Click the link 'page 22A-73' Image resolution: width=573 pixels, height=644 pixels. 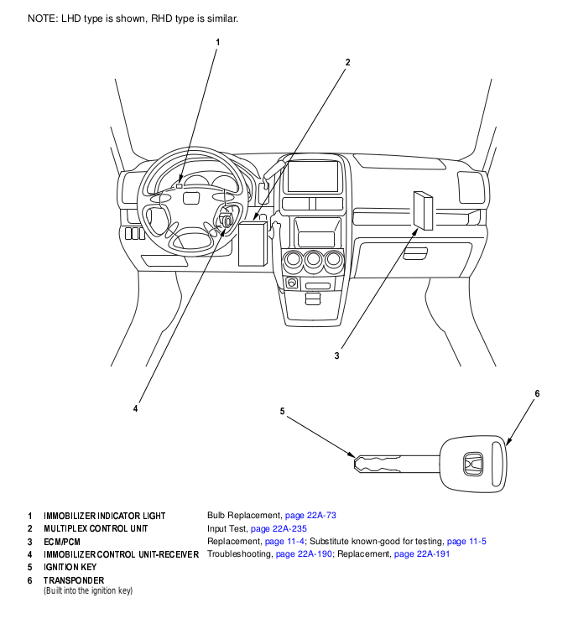pos(310,515)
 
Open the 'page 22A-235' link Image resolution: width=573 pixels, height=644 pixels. pos(279,528)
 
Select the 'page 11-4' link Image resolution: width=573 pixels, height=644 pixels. pos(284,542)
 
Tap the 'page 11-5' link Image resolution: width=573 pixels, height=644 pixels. pos(466,542)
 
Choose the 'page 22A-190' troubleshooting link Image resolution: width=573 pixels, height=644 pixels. pos(304,554)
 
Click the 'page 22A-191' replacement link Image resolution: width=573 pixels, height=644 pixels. pos(422,554)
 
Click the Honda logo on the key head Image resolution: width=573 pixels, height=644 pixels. pos(473,464)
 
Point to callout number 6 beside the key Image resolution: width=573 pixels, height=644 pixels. pos(537,393)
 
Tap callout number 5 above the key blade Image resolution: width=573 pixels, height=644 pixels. pos(282,411)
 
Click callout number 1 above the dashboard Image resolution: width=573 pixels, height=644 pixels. pos(218,42)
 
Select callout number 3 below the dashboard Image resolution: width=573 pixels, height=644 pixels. pos(336,356)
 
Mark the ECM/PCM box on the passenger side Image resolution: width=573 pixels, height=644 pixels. pos(423,210)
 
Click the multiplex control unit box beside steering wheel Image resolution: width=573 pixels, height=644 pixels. pos(253,243)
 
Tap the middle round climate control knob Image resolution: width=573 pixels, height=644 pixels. pos(313,261)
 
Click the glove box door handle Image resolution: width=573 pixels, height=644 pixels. pos(415,253)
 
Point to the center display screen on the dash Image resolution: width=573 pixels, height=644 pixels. pos(313,177)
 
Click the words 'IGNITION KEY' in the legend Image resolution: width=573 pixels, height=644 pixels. pos(70,567)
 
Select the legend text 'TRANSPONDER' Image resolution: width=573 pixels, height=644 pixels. pos(74,580)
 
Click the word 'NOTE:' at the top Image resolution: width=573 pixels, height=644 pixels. pos(43,18)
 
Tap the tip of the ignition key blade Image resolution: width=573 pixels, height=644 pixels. pos(355,463)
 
